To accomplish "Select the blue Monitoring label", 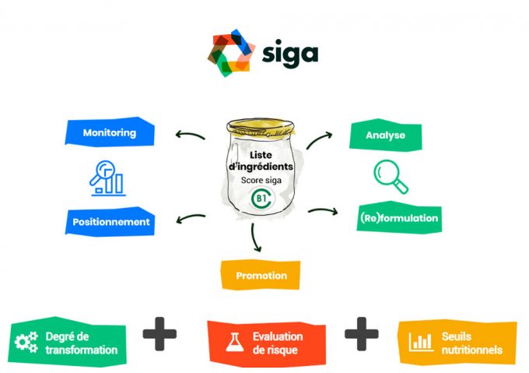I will coord(109,133).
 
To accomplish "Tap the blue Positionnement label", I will coord(110,222).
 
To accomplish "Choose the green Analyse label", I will coord(387,135).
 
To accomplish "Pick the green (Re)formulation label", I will coord(399,218).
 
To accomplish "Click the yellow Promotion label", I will coord(261,275).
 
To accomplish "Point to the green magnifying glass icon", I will coord(391,176).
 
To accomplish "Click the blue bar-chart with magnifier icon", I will coord(107,178).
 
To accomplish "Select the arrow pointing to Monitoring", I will coord(189,135).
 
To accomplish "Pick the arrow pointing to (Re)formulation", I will coord(323,210).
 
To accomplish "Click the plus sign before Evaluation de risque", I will coord(159,336).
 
